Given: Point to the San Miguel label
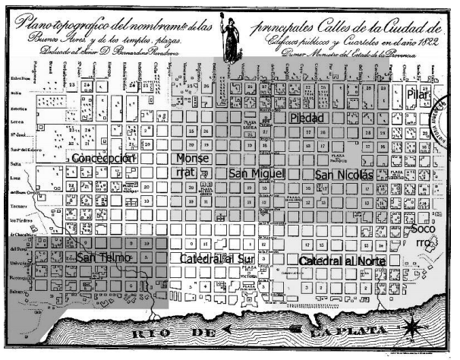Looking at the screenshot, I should point(256,174).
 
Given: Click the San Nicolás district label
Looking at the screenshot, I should point(344,175).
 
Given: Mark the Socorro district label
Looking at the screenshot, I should point(421,235).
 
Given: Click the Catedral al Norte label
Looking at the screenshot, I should point(342,261).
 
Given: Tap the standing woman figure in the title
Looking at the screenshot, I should point(227,38).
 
